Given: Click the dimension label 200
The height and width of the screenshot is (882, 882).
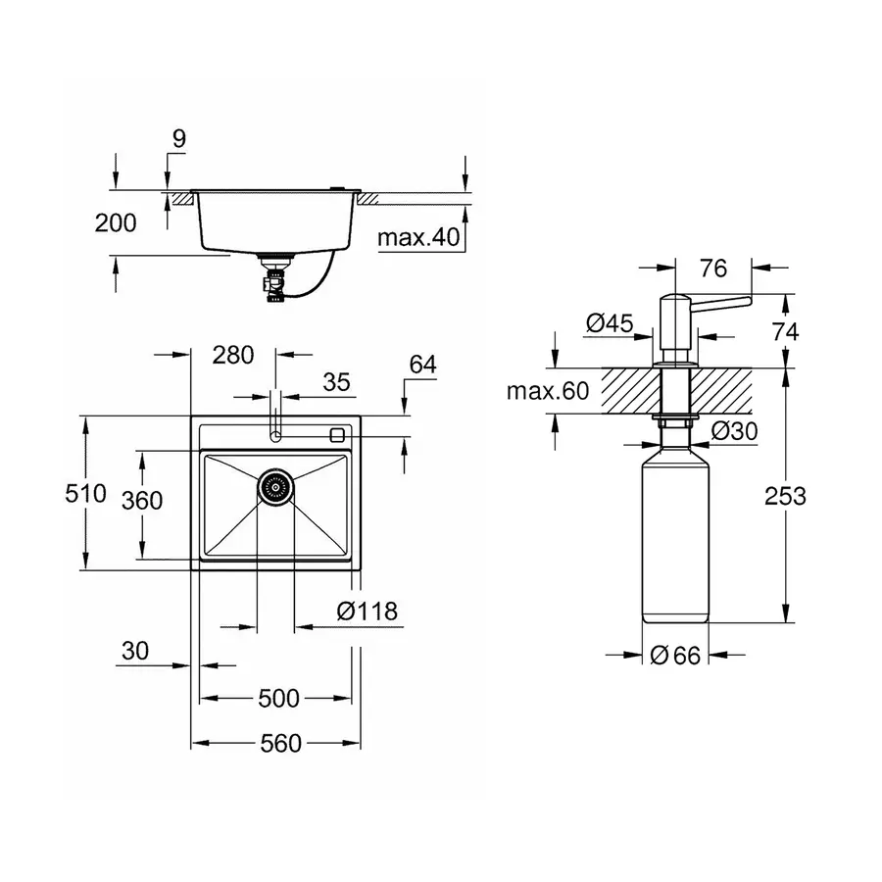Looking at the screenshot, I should [x=116, y=222].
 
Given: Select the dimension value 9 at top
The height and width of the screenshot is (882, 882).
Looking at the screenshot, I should [x=177, y=139].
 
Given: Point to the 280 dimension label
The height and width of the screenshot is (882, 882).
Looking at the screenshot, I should [x=232, y=355].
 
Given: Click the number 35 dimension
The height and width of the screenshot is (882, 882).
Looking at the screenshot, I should [x=336, y=383].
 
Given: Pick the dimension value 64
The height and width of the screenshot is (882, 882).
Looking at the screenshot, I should [x=422, y=364].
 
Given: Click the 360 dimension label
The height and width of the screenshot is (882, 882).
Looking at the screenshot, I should [x=141, y=500].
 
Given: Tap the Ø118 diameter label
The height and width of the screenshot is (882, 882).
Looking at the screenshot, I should [x=367, y=612].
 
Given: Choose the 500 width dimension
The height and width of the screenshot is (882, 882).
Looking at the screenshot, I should [x=279, y=698].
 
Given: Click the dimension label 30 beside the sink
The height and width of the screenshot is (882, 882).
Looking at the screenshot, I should [x=135, y=650].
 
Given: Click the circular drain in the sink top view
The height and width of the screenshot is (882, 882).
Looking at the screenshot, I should [x=275, y=485].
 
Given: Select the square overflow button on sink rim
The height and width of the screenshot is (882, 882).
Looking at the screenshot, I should [x=339, y=433].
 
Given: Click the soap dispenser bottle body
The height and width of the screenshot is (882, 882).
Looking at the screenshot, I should [x=674, y=539].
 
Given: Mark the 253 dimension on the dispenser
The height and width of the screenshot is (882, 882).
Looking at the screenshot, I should [x=785, y=496].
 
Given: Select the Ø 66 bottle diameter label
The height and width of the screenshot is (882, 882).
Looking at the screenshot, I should [x=675, y=656].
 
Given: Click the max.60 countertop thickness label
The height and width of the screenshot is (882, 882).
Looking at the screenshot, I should [x=547, y=392].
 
